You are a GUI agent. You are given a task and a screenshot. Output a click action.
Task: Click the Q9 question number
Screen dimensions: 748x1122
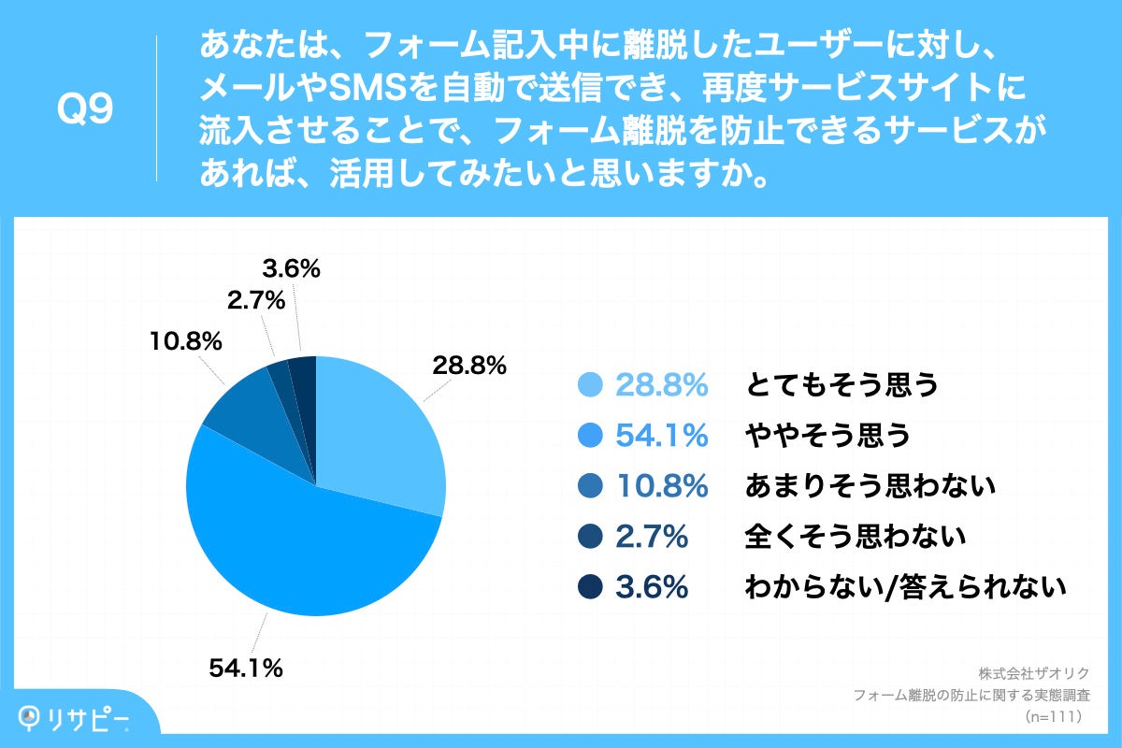[85, 109]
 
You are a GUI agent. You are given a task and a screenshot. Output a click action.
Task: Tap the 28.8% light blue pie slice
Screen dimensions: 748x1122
[374, 430]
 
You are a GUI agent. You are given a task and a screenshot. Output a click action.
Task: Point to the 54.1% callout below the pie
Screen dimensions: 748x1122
[245, 669]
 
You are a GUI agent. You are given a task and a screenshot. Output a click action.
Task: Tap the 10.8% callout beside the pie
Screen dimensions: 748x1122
[185, 342]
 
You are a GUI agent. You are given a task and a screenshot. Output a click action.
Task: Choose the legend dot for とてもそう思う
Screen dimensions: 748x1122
[590, 385]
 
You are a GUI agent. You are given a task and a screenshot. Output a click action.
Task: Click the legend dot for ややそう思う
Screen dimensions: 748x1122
[590, 436]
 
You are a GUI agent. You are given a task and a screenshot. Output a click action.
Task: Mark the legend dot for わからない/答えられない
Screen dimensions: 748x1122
[590, 587]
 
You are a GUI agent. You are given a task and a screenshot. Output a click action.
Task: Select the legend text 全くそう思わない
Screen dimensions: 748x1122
[855, 537]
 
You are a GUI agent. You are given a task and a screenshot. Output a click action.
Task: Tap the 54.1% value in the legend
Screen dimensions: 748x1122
[660, 436]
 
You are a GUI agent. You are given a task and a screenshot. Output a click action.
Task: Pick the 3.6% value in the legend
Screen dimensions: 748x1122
[652, 587]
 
